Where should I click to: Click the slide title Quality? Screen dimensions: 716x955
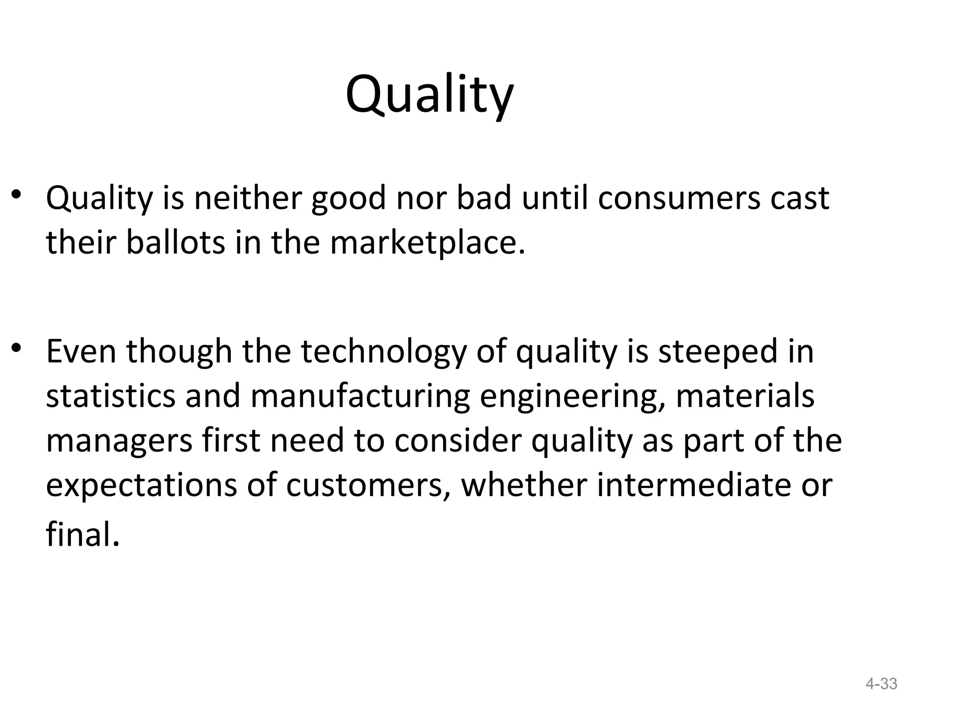pos(429,96)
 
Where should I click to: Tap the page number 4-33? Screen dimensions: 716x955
pos(881,684)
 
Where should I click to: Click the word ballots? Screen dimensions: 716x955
pos(176,243)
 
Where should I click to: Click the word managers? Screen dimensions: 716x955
pos(119,441)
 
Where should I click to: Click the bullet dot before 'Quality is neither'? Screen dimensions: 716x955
pos(17,195)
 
